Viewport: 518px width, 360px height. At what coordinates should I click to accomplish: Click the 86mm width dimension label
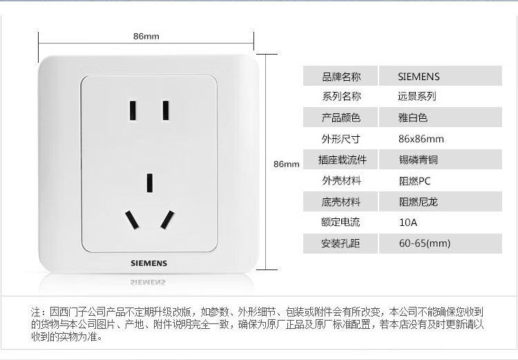(146, 36)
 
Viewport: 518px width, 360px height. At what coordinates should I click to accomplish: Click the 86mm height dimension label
(286, 164)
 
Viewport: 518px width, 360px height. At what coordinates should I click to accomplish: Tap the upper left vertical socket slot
(133, 111)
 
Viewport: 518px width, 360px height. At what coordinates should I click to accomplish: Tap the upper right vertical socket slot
(166, 111)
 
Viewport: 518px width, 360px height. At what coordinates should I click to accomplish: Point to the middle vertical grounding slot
(150, 183)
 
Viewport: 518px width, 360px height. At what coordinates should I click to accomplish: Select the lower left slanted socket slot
(132, 220)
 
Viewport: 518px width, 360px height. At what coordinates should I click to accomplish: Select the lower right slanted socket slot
(168, 220)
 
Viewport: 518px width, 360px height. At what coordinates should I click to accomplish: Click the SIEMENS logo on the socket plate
(148, 263)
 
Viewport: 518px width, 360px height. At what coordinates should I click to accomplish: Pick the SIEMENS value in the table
(419, 77)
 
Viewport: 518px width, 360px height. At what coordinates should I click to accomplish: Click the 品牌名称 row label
(341, 77)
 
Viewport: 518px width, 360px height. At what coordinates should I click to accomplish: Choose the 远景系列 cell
(417, 96)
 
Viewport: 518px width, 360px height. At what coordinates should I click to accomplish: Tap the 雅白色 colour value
(412, 117)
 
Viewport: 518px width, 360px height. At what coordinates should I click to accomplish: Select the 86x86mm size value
(421, 139)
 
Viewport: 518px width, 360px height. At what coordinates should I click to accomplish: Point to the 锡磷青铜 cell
(419, 160)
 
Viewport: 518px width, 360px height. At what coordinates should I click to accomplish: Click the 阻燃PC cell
(414, 181)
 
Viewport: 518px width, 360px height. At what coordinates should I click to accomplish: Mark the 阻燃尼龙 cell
(419, 202)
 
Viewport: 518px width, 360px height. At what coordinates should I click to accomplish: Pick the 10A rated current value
(408, 222)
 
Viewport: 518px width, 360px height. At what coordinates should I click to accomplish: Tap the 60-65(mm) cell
(425, 244)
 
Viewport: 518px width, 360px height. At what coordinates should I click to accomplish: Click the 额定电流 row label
(340, 222)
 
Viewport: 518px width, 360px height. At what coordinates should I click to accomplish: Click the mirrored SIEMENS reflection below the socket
(148, 283)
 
